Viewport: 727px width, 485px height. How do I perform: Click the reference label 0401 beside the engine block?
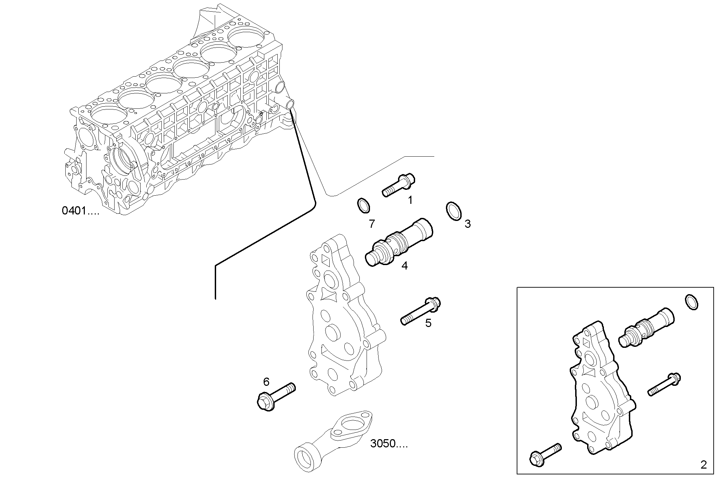[80, 211]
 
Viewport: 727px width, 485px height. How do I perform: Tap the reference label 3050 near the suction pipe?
[389, 444]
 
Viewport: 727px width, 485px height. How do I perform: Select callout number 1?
[410, 200]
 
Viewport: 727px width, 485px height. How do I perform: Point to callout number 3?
[467, 224]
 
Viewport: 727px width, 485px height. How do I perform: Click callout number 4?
[405, 266]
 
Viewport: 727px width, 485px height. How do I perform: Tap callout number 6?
[266, 381]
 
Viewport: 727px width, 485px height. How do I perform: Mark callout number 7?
[372, 224]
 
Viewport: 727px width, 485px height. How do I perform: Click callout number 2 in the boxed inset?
[703, 465]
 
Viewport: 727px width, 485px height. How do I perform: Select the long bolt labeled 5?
[421, 311]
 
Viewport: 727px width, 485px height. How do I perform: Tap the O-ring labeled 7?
[363, 205]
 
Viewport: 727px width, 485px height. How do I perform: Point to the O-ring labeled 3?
[453, 212]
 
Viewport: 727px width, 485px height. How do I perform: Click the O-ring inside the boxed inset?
[691, 302]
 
